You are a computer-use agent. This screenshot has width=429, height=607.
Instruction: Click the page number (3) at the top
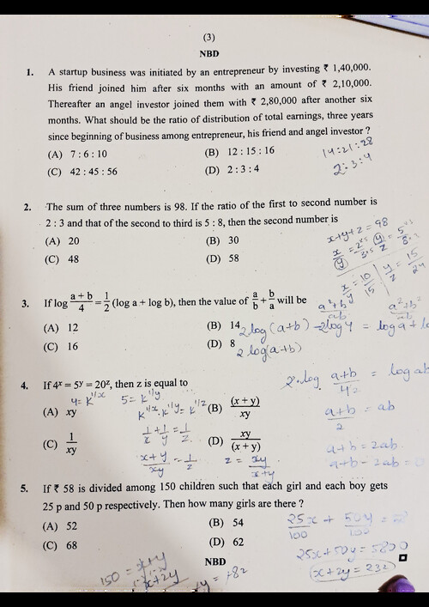pos(209,37)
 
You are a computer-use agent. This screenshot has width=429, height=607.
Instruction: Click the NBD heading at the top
pos(209,53)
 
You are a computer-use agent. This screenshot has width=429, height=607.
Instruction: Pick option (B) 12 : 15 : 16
pos(240,152)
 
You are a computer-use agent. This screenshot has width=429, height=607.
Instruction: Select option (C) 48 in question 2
pos(68,258)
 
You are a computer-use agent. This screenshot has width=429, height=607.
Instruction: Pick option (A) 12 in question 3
pos(68,328)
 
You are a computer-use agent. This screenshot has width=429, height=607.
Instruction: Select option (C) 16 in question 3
pos(68,346)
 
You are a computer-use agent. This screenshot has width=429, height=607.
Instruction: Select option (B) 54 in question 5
pos(230,523)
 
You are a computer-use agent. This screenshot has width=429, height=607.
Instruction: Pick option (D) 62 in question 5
pos(230,542)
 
